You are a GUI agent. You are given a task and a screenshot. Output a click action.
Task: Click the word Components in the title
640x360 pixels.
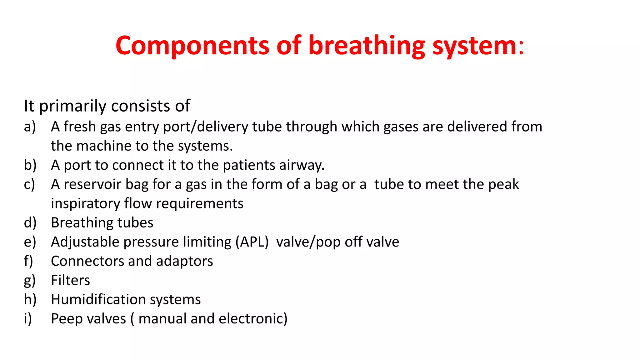coord(192,46)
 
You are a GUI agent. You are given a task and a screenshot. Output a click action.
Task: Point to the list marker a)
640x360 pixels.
coord(30,127)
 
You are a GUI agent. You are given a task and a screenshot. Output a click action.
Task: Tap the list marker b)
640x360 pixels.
coord(30,165)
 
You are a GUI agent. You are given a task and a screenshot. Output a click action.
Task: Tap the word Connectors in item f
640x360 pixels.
coord(87,261)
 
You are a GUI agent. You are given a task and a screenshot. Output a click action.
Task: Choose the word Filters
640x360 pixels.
coord(70,280)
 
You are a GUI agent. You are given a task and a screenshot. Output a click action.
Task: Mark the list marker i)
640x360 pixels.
coord(28,319)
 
